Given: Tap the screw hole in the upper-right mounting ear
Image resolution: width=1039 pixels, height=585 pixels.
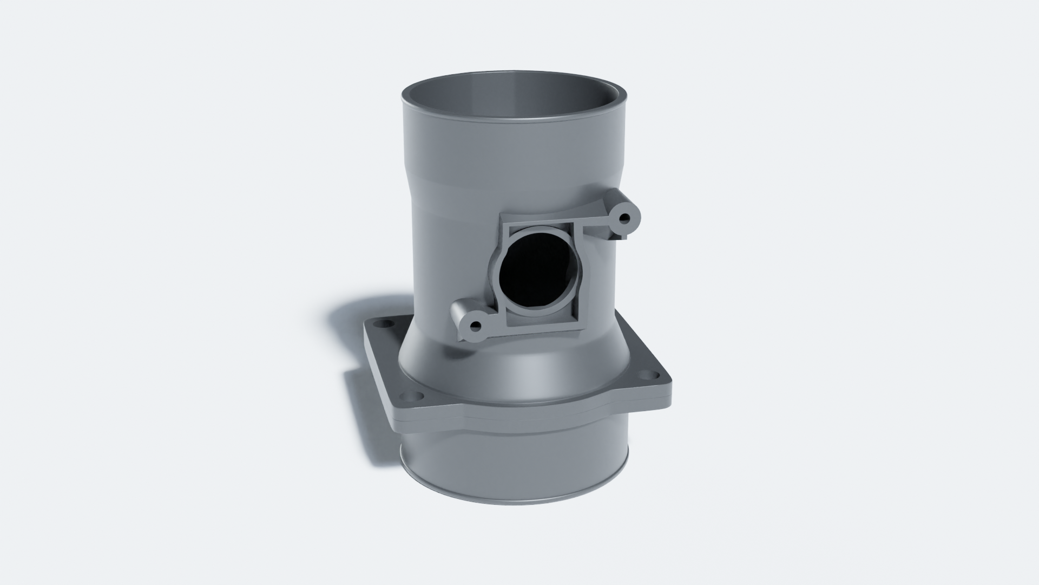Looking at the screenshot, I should (626, 219).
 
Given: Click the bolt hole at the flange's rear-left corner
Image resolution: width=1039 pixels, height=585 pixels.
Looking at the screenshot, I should (385, 324).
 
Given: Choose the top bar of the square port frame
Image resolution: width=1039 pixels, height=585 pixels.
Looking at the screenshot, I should (541, 219).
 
